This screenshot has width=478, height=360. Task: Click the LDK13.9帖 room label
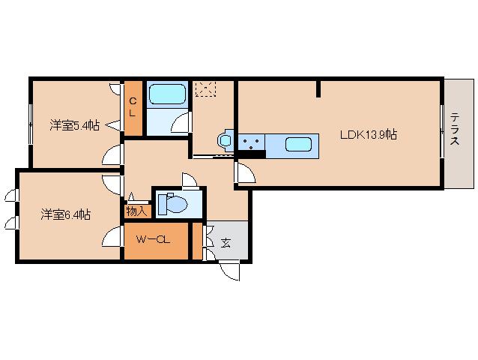368,135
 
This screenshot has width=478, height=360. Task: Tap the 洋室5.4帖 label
74,125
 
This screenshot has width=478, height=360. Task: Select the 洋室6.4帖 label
65,214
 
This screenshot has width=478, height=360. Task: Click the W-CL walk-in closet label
155,240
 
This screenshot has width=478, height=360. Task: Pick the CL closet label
133,107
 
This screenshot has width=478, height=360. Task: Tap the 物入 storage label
136,211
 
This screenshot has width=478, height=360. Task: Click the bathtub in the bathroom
166,94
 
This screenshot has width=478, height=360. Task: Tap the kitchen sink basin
299,144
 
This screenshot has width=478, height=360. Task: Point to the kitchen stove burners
251,141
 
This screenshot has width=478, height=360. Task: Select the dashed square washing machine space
205,89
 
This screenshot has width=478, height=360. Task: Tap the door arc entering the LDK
244,173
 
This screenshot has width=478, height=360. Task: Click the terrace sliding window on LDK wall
442,133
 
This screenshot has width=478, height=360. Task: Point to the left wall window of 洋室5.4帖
31,124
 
